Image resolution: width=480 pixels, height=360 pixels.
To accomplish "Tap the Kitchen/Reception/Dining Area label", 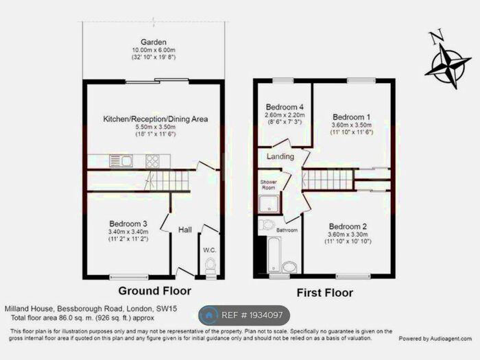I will pos(155,119).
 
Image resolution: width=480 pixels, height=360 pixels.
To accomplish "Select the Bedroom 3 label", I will pos(129,224).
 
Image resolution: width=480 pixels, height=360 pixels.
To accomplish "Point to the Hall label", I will pos(185,230).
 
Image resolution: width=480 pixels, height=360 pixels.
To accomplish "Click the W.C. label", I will pos(210,250).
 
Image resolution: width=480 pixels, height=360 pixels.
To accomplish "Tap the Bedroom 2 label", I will pos(348,227).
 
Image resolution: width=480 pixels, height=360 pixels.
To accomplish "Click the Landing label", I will pos(281,156).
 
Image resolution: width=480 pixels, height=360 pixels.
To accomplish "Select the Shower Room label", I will pos(267,184).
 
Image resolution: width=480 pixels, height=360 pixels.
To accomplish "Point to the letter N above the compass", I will pos(435,36).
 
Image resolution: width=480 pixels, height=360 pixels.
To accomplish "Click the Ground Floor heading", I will pos(155,291).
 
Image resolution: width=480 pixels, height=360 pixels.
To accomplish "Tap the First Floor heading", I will pos(324,293).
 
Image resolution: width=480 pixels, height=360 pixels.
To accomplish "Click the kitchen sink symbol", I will pos(125,160).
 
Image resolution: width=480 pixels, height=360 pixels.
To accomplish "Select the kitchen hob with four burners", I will pos(152,161).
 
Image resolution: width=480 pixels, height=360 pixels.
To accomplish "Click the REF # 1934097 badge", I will pos(244,315).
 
